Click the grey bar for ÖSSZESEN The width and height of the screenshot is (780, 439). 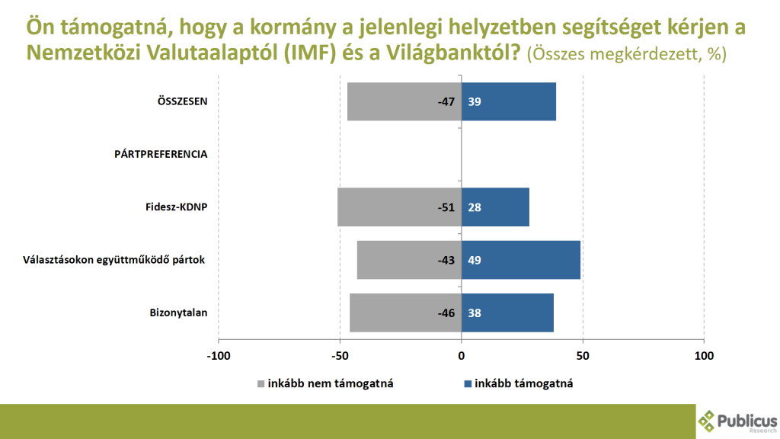point(404,101)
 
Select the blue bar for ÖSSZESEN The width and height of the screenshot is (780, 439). point(509,101)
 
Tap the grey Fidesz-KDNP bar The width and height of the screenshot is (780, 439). point(399,207)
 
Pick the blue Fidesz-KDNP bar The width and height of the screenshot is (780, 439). point(495,207)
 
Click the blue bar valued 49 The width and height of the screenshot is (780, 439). point(521,260)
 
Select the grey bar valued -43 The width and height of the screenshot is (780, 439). point(409,260)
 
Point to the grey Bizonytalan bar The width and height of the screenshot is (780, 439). point(405,312)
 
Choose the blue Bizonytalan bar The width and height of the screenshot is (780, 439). point(507,312)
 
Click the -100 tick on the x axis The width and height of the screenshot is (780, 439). point(218,356)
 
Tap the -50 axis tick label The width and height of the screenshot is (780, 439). point(340,356)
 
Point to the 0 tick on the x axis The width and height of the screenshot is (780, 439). point(462,356)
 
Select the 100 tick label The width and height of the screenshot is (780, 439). point(704,356)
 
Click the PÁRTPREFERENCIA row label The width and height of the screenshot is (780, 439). point(161,154)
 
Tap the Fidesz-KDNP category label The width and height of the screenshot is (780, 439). point(176,207)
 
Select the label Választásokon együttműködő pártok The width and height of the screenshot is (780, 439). point(115,260)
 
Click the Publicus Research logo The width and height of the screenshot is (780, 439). point(737,421)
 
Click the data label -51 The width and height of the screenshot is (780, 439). point(445,207)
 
